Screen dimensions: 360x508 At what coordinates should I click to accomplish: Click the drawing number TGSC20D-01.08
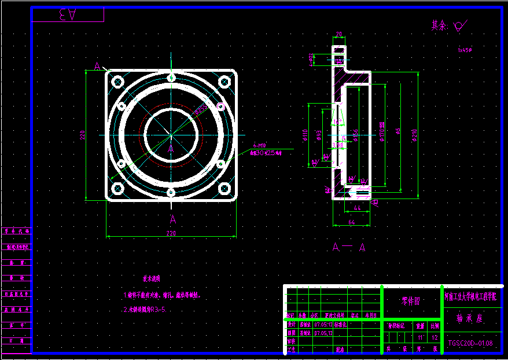tap(470, 343)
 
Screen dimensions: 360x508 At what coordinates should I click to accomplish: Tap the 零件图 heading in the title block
tap(411, 301)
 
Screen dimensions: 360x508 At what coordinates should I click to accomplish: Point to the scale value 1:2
tap(435, 337)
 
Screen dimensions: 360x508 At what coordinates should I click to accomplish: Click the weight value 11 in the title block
tap(419, 337)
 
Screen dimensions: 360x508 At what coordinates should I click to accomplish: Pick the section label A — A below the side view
tap(349, 247)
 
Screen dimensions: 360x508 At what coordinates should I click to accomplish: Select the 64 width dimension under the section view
tap(351, 221)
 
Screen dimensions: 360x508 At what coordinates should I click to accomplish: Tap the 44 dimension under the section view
tap(357, 207)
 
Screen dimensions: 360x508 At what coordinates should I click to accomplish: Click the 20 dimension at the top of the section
tap(339, 34)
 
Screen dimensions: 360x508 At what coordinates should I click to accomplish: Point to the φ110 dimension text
tap(305, 135)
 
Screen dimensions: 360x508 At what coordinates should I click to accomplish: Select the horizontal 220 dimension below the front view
tap(171, 233)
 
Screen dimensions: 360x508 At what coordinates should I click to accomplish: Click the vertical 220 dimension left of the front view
tap(83, 134)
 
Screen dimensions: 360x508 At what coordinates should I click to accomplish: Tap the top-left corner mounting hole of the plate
tap(117, 81)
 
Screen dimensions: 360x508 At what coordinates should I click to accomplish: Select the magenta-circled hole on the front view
tap(220, 106)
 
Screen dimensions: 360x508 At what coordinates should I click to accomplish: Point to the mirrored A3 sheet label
tap(67, 15)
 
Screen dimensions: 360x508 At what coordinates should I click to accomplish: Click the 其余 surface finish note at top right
tap(448, 26)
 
